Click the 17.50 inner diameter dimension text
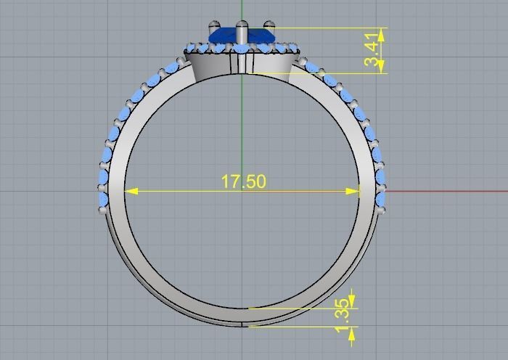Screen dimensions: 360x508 coord(243,181)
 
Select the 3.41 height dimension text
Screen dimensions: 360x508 coord(372,49)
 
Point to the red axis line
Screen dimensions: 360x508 coord(450,192)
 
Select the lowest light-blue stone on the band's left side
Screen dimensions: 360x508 coord(102,199)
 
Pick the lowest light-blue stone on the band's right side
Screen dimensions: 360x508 coord(380,199)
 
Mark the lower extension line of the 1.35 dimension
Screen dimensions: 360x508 coord(305,327)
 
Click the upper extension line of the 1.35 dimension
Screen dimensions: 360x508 coord(305,308)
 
